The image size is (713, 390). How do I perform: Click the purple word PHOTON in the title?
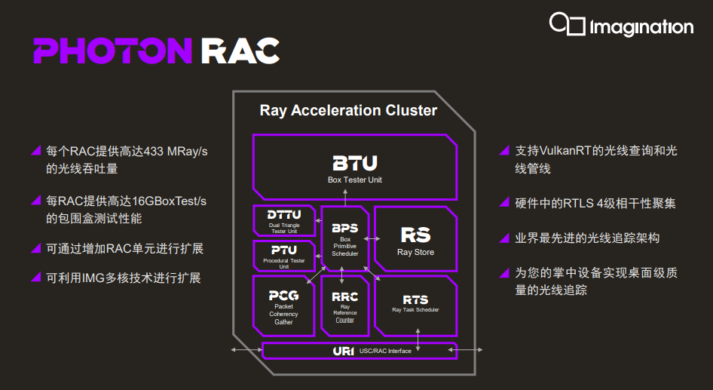(x=113, y=51)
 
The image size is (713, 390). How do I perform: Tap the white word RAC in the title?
(x=240, y=51)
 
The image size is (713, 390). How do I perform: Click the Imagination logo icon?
(x=567, y=24)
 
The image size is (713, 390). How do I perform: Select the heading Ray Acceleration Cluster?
(x=348, y=110)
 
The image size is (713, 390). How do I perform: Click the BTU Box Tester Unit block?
(x=355, y=167)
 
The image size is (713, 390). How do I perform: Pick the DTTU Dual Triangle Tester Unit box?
(x=284, y=221)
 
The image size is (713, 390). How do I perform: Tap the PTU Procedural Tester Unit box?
(x=284, y=256)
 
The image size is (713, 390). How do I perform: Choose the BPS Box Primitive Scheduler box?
(x=344, y=239)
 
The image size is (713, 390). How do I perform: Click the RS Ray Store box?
(x=415, y=239)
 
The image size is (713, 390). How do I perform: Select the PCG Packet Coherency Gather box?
(x=283, y=306)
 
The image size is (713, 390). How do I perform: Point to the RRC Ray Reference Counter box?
(x=344, y=306)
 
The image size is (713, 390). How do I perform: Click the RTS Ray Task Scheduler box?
(x=415, y=306)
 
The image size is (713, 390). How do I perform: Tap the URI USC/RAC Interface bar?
(x=360, y=351)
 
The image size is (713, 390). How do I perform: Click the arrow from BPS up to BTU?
(x=345, y=198)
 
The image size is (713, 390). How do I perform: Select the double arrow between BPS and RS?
(x=372, y=238)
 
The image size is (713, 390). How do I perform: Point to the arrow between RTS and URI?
(x=418, y=340)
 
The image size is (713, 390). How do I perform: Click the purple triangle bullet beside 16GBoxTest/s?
(x=36, y=200)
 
